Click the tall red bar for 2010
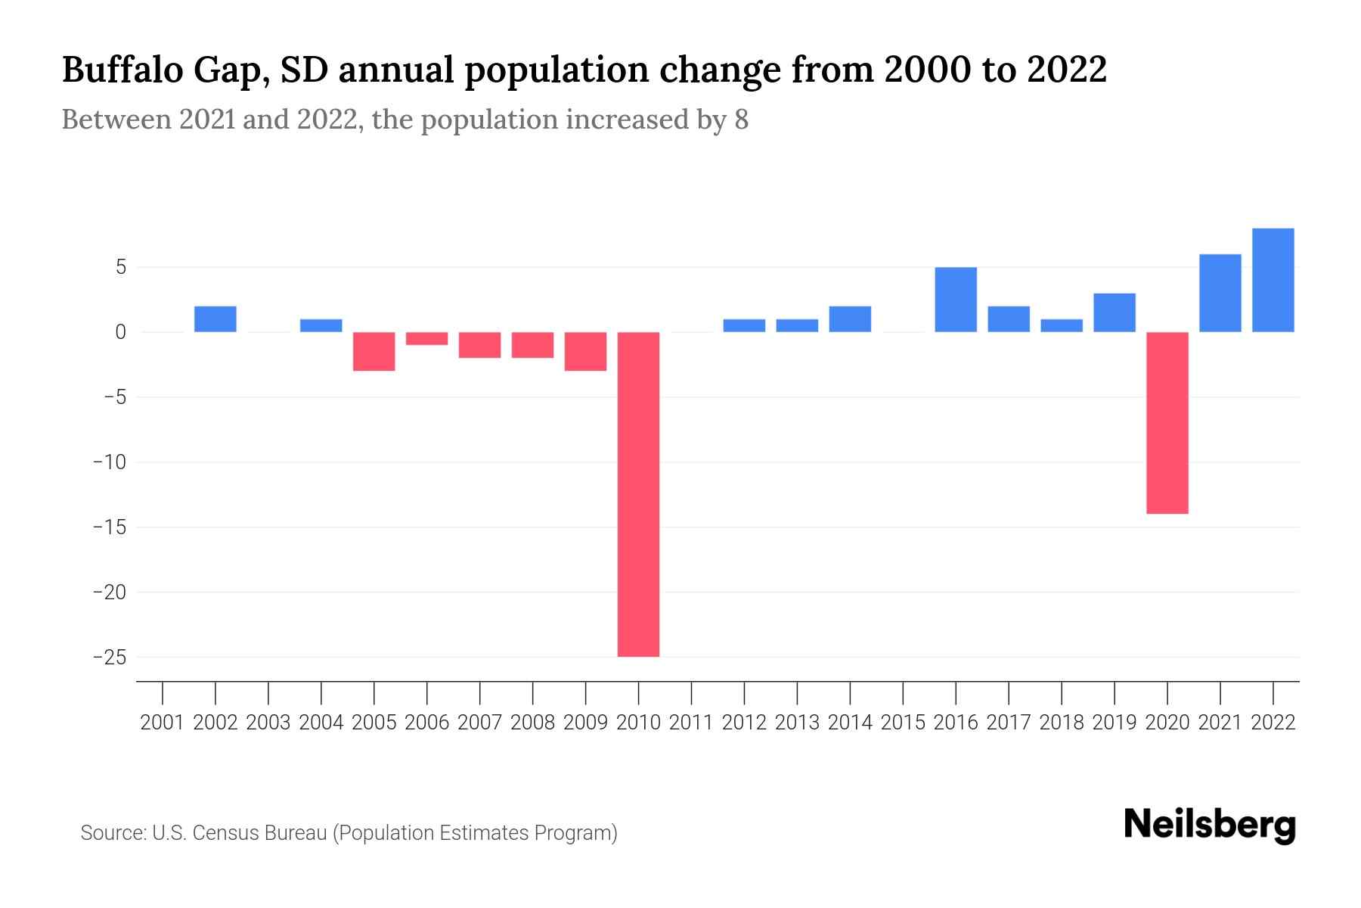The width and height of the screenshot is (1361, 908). pyautogui.click(x=638, y=494)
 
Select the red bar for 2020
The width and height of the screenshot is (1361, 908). pyautogui.click(x=1167, y=423)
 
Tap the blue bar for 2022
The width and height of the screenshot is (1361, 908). pyautogui.click(x=1273, y=280)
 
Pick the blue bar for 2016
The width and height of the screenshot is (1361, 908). pyautogui.click(x=956, y=300)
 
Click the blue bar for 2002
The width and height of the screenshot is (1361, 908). pyautogui.click(x=215, y=319)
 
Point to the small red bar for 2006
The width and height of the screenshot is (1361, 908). pyautogui.click(x=427, y=338)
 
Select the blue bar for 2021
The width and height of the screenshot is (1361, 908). pyautogui.click(x=1220, y=293)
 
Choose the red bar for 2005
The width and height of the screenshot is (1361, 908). pyautogui.click(x=374, y=351)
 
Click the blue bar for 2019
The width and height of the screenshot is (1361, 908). pyautogui.click(x=1114, y=313)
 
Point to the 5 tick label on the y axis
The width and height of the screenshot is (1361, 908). pyautogui.click(x=120, y=267)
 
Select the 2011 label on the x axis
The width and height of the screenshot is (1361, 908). pyautogui.click(x=691, y=723)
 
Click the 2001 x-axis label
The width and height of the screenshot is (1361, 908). pyautogui.click(x=163, y=723)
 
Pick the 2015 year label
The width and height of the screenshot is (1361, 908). pyautogui.click(x=903, y=723)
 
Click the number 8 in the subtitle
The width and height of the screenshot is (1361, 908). pyautogui.click(x=741, y=120)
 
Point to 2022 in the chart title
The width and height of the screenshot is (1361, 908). pyautogui.click(x=1066, y=70)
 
